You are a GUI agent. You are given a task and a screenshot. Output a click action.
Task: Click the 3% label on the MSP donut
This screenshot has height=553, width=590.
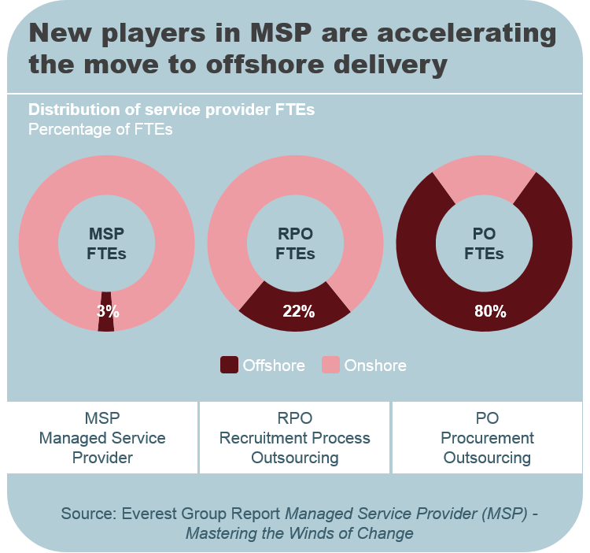[108, 311]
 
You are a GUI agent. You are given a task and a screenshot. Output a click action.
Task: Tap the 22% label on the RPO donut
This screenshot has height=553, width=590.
[298, 311]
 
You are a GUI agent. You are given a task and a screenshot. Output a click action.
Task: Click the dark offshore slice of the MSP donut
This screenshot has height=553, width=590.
[106, 325]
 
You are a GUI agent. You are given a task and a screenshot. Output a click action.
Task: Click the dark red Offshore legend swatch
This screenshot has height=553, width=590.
[229, 365]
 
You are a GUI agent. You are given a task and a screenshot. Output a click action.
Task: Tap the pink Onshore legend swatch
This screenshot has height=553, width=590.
[330, 365]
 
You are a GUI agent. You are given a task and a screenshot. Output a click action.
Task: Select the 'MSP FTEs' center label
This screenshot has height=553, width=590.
[106, 244]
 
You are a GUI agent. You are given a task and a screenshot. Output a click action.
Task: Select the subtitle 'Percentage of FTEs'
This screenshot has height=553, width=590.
[100, 129]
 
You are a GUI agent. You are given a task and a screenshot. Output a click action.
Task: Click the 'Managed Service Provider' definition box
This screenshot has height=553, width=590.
[102, 437]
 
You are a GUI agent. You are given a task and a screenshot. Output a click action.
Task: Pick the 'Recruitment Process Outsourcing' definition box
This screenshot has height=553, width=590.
[294, 437]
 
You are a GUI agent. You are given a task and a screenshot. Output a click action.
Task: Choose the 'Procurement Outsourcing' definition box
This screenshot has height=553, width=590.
[487, 437]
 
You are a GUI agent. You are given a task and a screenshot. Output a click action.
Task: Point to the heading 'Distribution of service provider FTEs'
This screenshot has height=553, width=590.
[171, 109]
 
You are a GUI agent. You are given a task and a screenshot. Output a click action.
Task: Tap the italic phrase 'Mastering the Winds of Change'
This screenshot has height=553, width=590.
[299, 533]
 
